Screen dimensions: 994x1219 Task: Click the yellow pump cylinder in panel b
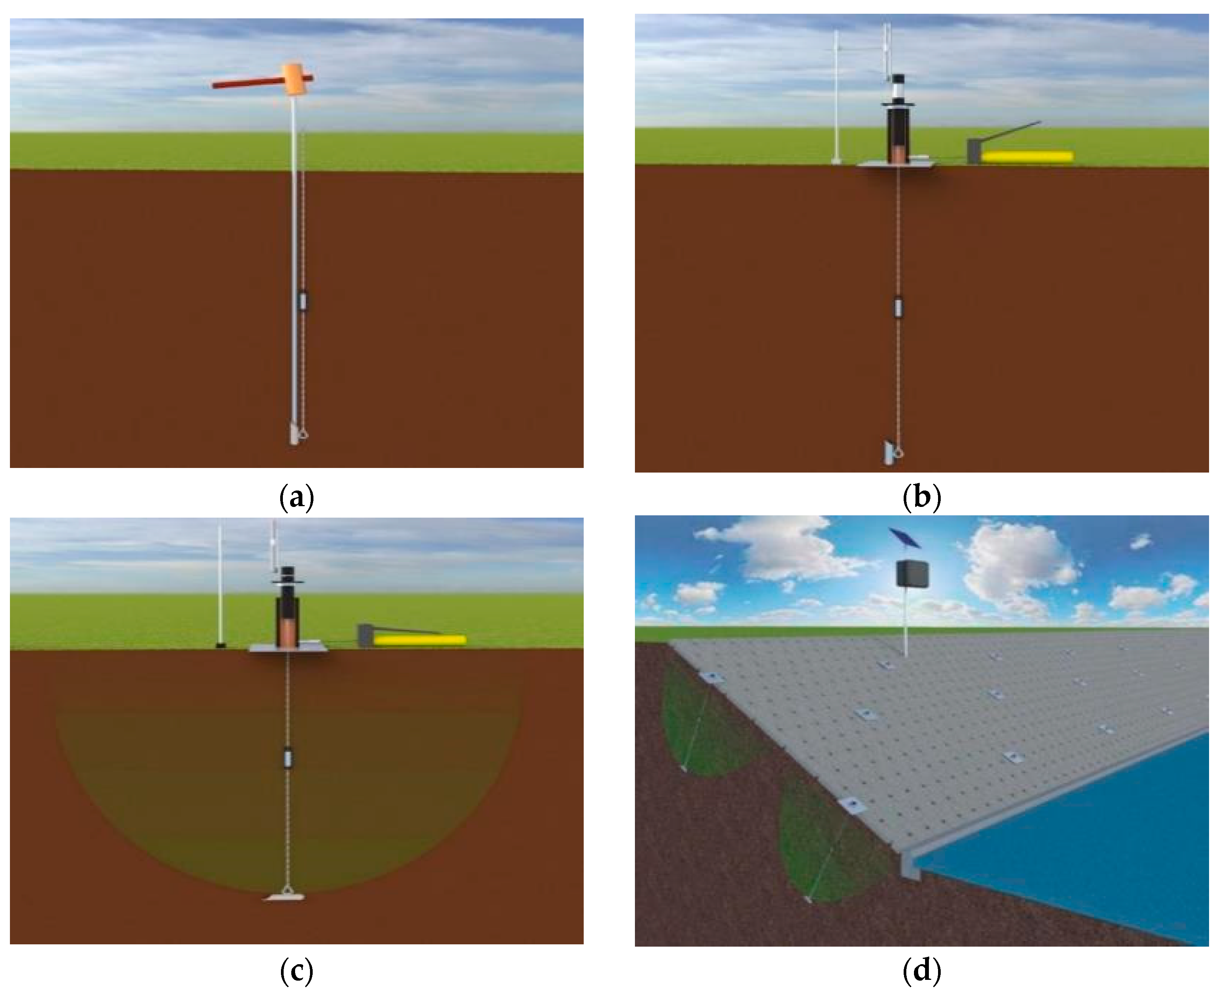point(1027,156)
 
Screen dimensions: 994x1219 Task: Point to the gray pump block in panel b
point(974,151)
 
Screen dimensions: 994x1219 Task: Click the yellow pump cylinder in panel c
point(419,639)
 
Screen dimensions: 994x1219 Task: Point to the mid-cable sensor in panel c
point(287,758)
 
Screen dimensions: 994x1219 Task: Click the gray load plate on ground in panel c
point(287,649)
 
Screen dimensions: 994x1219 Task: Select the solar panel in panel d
point(904,538)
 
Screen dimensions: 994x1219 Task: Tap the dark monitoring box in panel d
point(912,574)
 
